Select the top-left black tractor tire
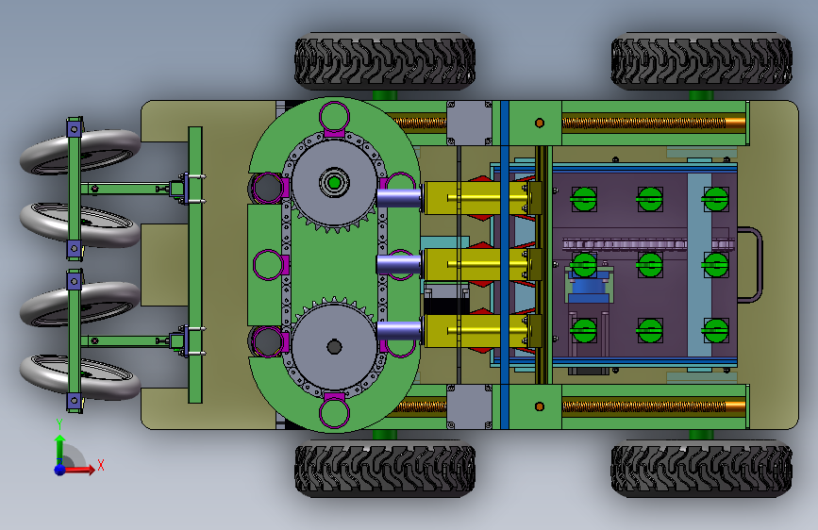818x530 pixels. [385, 61]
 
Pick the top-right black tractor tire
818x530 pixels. [702, 61]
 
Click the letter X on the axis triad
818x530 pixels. [101, 465]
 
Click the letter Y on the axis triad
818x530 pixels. [59, 424]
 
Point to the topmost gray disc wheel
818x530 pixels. [80, 151]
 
